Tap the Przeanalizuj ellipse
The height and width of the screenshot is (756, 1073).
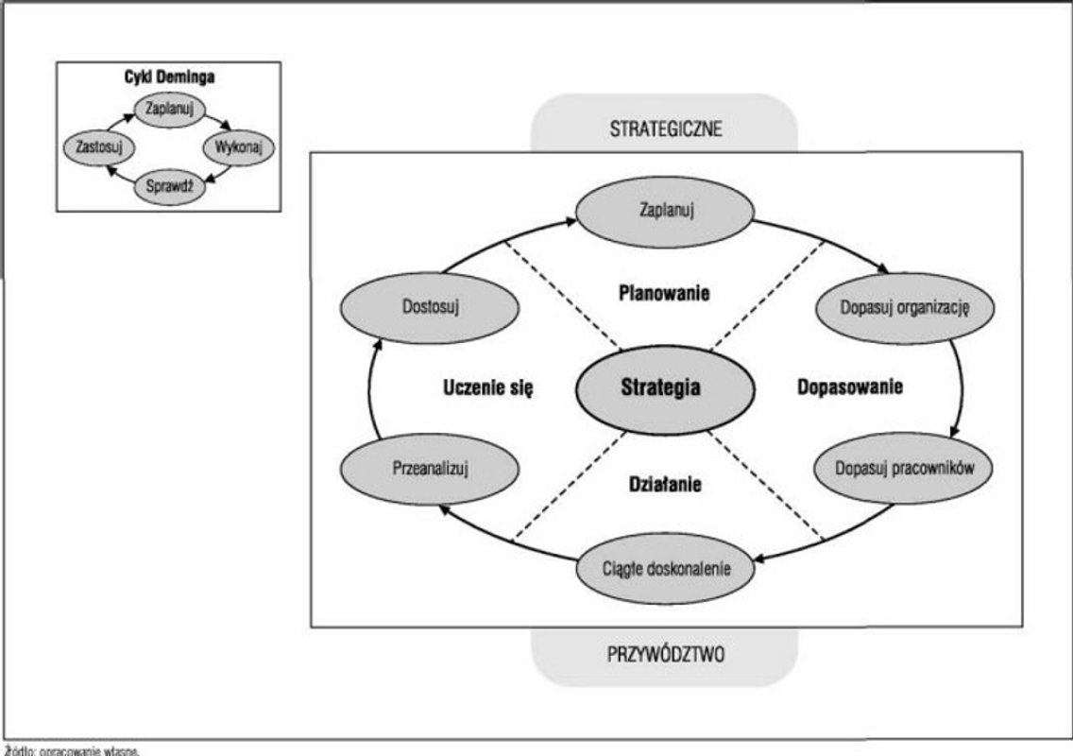click(430, 467)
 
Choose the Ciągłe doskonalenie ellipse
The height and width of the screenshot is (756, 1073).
click(666, 570)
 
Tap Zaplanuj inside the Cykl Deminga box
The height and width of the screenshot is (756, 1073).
click(170, 110)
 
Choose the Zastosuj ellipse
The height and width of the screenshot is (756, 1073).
click(97, 148)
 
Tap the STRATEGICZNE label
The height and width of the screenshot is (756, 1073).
click(665, 129)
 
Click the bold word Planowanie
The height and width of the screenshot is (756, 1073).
click(664, 293)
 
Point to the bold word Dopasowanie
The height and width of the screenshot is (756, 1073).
click(850, 387)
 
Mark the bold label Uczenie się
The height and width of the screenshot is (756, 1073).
click(487, 387)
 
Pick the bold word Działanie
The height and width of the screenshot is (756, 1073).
click(665, 485)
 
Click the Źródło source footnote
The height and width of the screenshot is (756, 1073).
click(71, 750)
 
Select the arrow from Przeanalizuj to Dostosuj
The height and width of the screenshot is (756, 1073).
click(367, 387)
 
